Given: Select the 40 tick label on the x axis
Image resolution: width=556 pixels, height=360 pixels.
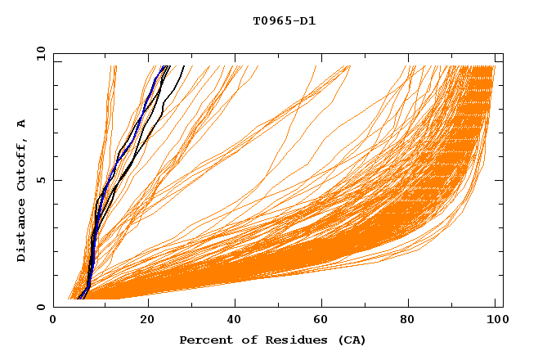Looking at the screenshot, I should click(x=235, y=322).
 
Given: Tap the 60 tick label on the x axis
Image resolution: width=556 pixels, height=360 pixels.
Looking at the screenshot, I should click(x=323, y=322).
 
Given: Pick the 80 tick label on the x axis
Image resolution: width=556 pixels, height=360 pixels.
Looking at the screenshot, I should click(x=411, y=322).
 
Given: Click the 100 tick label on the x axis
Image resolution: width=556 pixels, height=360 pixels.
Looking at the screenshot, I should click(x=496, y=322).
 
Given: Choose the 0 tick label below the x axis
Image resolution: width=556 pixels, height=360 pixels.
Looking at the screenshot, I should click(x=53, y=322).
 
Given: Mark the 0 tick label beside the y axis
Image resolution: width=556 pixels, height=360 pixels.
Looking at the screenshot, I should click(x=40, y=307).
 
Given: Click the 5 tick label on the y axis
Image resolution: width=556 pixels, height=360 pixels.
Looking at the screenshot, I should click(x=40, y=180).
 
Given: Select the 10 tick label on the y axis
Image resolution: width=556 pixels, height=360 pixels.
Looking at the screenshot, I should click(x=38, y=53).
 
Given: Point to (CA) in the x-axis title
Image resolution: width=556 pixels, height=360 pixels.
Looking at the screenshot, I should click(x=350, y=340).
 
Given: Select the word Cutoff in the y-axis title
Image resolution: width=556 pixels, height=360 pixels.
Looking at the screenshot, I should click(x=21, y=164).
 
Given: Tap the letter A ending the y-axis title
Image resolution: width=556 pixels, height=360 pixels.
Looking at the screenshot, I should click(x=21, y=124).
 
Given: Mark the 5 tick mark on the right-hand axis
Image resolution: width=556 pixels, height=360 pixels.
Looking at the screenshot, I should click(x=500, y=180).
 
